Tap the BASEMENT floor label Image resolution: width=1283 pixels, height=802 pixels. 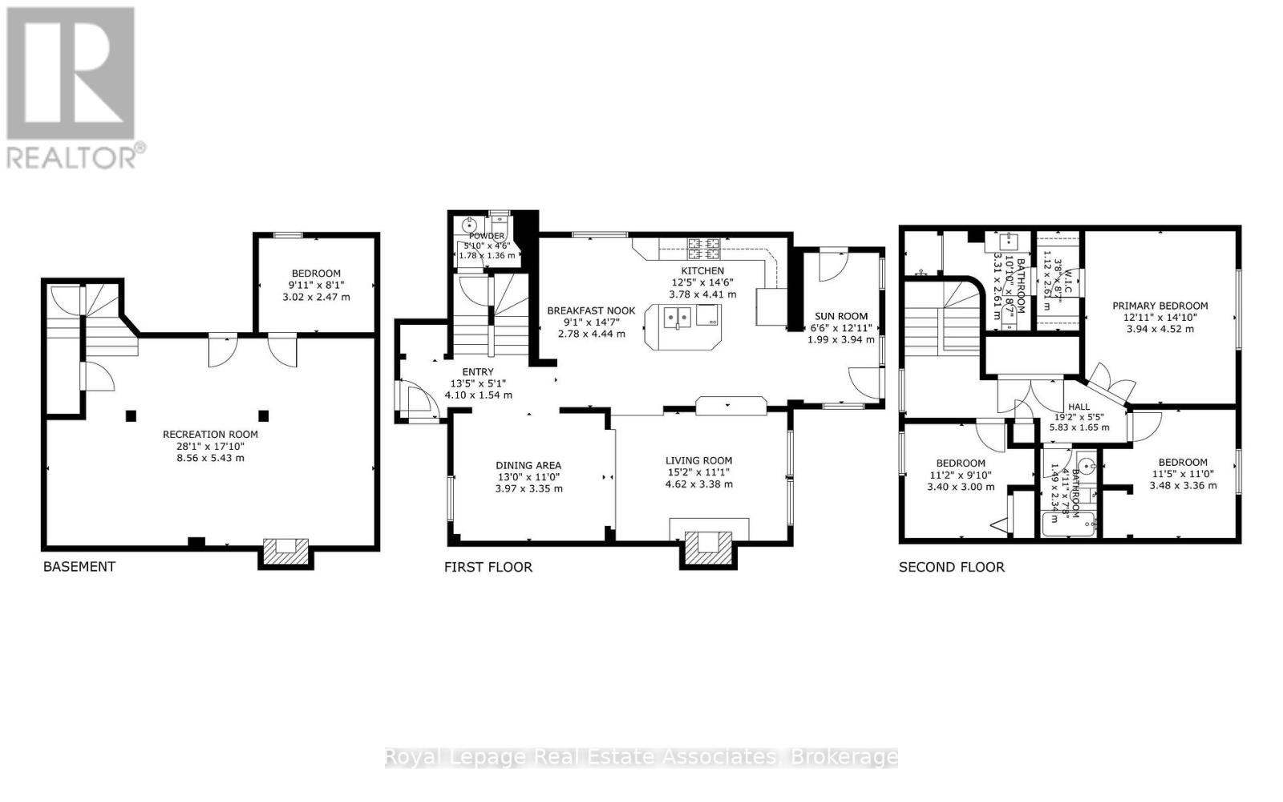click(x=79, y=567)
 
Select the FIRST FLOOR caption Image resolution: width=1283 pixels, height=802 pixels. click(x=488, y=567)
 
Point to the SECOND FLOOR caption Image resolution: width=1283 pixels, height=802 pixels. click(x=951, y=567)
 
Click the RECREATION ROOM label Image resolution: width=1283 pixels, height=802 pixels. click(x=210, y=435)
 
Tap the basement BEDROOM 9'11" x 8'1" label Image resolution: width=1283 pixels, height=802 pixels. click(x=316, y=273)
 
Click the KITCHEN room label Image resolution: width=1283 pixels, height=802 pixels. click(x=702, y=271)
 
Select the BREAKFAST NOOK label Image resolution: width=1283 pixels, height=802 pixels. click(x=591, y=310)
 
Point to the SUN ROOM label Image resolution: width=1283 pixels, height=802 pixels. click(x=840, y=316)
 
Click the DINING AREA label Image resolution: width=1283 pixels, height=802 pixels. click(x=528, y=465)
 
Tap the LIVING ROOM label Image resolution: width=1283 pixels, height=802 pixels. click(x=698, y=460)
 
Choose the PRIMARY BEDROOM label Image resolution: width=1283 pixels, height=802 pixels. click(x=1160, y=306)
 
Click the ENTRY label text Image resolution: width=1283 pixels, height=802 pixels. click(x=478, y=371)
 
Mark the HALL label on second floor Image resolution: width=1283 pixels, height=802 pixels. click(x=1079, y=407)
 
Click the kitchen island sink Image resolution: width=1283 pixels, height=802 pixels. click(x=675, y=318)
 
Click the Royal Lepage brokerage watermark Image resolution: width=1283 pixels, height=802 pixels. click(x=641, y=757)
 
